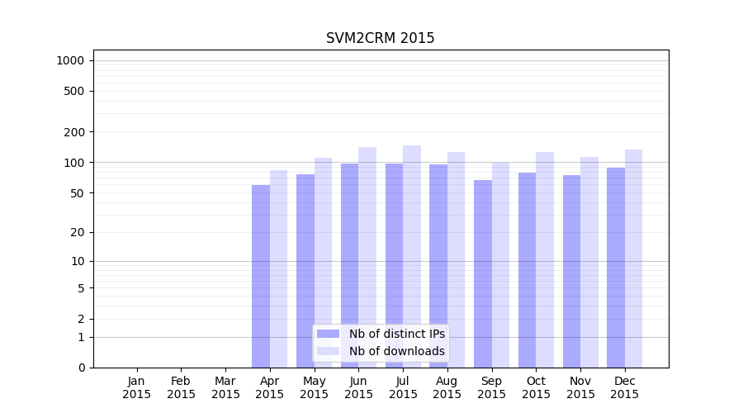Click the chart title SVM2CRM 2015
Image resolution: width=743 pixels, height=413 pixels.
(380, 38)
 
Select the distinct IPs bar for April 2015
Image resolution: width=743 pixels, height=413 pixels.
(261, 276)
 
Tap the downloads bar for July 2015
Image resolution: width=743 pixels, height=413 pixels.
(412, 256)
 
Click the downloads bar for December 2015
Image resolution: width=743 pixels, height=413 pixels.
(633, 258)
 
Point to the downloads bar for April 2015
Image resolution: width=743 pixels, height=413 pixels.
(279, 268)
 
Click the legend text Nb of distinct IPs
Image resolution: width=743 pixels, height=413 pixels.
(397, 334)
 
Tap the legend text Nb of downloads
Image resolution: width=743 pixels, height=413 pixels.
(397, 351)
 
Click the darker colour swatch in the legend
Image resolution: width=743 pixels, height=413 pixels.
(329, 334)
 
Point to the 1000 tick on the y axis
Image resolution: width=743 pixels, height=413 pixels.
(70, 60)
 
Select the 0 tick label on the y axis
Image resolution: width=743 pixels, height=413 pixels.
(82, 368)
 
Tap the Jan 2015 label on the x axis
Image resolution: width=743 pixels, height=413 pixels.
(137, 387)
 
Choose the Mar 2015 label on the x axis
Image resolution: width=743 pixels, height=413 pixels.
(225, 387)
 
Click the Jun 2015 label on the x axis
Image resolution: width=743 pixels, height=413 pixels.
(358, 387)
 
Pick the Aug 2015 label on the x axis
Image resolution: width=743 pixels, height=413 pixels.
(447, 387)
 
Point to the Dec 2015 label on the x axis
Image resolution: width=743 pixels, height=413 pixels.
(625, 387)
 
